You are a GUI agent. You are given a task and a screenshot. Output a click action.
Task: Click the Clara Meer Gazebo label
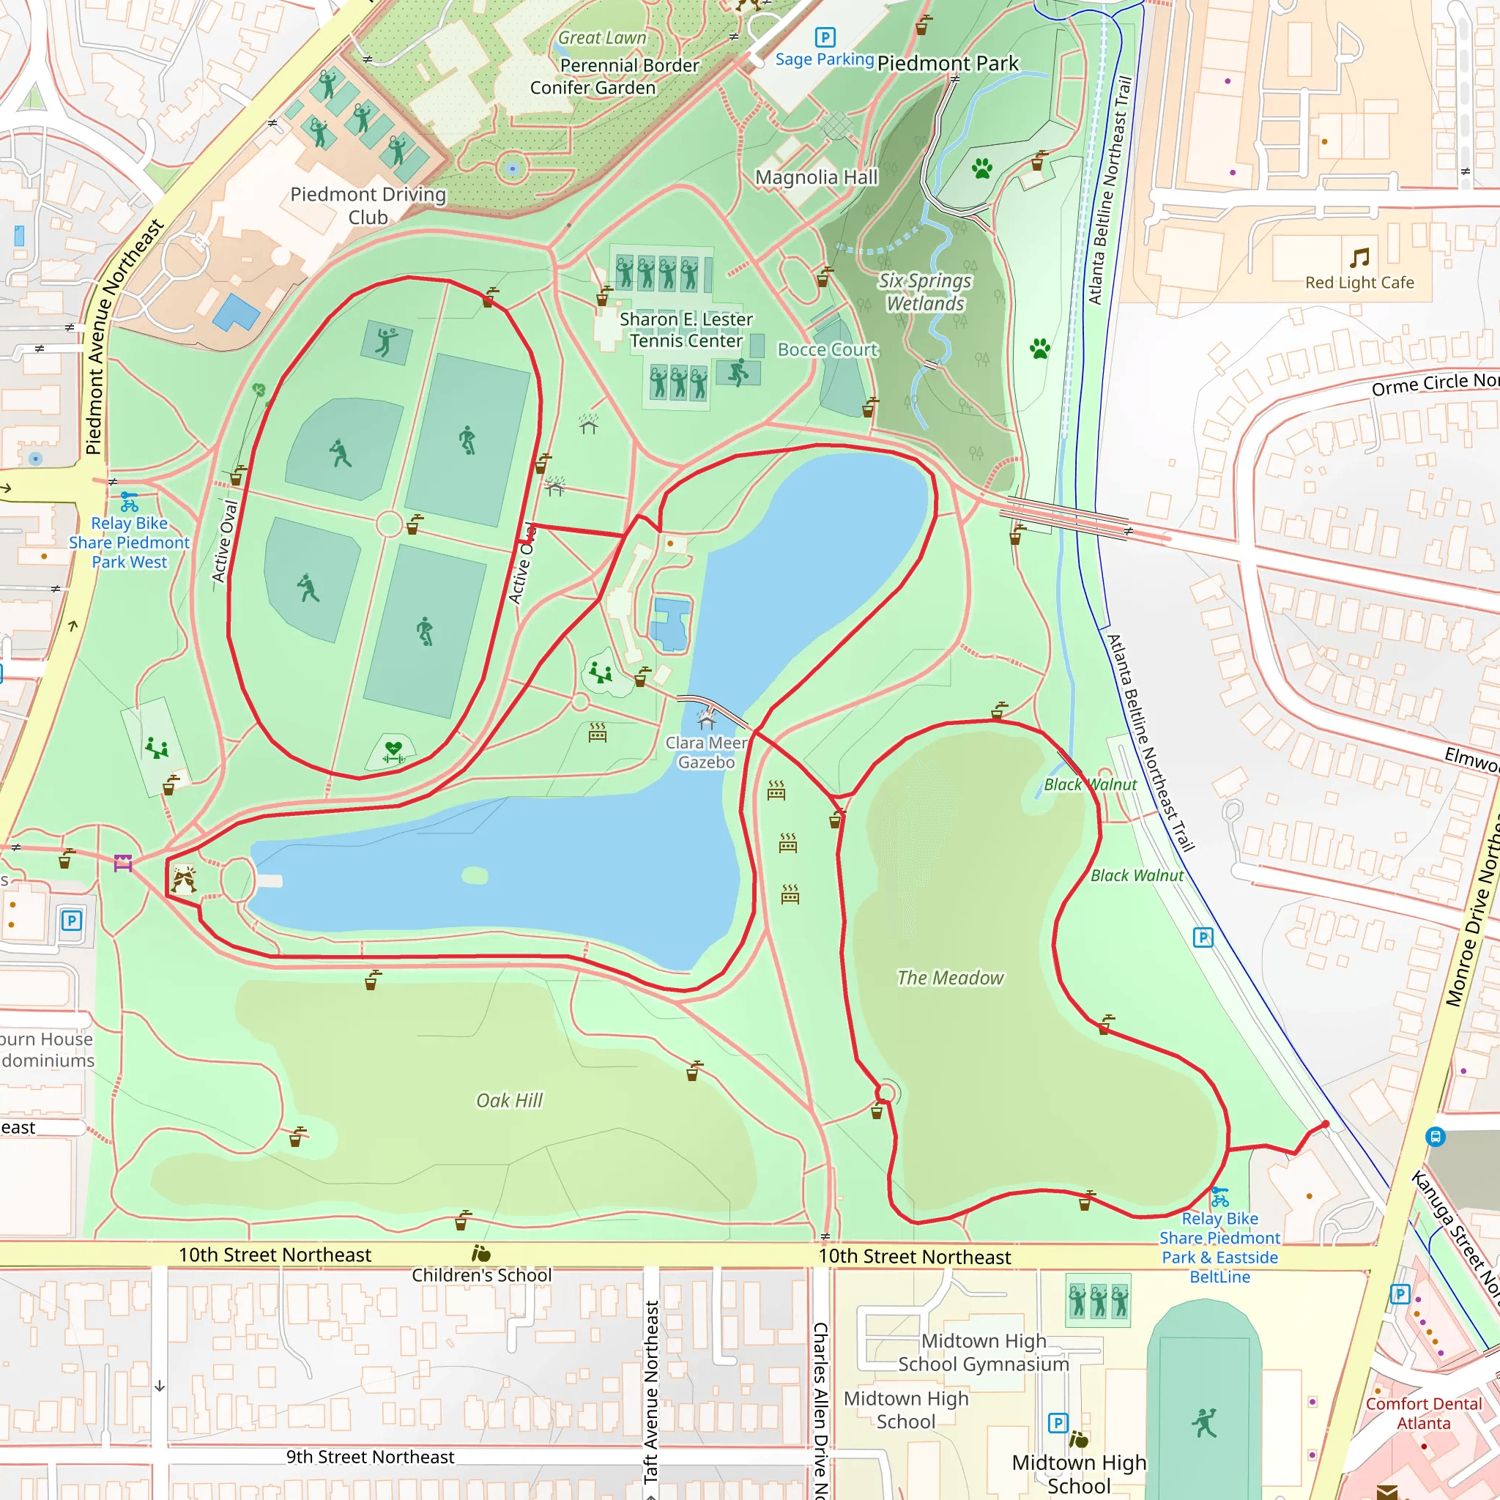(x=706, y=752)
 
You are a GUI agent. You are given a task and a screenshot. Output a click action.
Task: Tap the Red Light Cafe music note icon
(x=1359, y=258)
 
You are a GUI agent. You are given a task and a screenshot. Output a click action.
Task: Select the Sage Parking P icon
(x=825, y=37)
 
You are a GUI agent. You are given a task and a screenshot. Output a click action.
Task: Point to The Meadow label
(x=949, y=978)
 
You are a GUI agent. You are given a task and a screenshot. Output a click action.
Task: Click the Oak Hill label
(x=509, y=1100)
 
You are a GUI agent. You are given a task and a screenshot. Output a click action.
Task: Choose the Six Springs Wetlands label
(x=925, y=292)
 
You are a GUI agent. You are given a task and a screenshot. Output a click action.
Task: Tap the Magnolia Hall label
(x=816, y=178)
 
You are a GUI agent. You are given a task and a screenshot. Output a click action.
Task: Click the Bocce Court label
(x=828, y=349)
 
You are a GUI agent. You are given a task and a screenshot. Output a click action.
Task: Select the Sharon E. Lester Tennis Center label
(x=686, y=330)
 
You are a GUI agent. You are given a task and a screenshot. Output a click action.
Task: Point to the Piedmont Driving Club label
(x=368, y=205)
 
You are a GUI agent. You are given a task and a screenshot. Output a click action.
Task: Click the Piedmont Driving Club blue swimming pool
(x=236, y=312)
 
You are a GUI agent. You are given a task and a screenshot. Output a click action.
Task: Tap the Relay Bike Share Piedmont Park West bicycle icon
(x=130, y=502)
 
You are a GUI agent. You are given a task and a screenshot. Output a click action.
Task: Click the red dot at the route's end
(x=1325, y=1124)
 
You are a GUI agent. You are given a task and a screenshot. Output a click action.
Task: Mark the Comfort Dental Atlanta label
(x=1423, y=1413)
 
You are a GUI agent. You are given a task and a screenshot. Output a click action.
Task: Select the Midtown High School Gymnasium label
(x=983, y=1353)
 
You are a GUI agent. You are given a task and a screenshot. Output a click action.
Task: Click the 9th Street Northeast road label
(x=370, y=1457)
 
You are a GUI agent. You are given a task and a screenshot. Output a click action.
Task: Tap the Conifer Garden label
(x=593, y=88)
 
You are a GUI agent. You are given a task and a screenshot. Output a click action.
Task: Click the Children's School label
(x=481, y=1275)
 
